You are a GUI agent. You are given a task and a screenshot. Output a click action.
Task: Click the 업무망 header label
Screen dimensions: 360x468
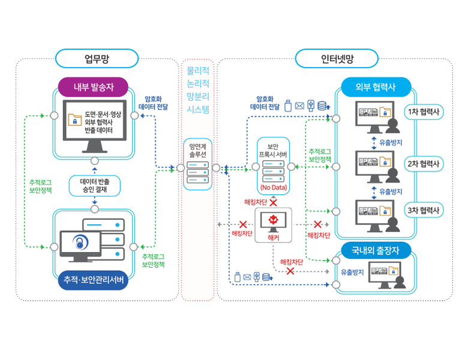[x=97, y=59]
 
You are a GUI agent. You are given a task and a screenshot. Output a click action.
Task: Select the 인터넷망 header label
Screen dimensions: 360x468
[x=337, y=59]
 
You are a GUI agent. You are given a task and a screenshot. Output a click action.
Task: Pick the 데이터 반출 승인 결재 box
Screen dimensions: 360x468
[x=94, y=185]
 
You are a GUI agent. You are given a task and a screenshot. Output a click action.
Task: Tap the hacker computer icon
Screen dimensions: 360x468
[x=273, y=221]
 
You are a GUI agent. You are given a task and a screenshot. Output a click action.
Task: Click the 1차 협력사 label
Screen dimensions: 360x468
[x=423, y=112]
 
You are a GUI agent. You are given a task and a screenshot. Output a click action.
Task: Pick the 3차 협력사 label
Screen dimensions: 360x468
[x=423, y=211]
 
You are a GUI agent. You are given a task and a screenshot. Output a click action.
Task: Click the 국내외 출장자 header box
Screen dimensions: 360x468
[x=376, y=250]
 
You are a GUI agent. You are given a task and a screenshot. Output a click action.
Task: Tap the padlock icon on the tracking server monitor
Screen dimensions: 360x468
[x=79, y=242]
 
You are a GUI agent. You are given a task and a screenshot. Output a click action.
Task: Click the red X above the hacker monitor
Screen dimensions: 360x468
[x=273, y=203]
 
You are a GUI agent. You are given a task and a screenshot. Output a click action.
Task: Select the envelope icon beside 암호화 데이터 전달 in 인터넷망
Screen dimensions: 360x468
[x=299, y=106]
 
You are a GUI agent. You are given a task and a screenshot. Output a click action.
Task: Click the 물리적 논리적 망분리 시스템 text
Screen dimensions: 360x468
[x=198, y=89]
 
